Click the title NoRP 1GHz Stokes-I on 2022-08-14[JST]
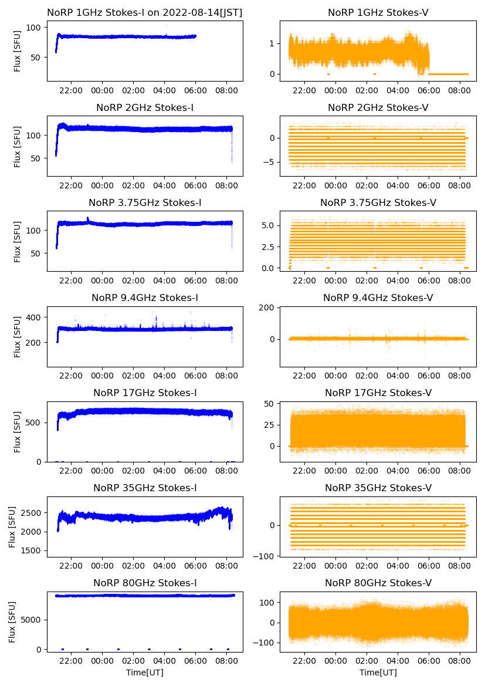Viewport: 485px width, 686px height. coord(145,12)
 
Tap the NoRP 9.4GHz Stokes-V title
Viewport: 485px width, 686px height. coord(378,298)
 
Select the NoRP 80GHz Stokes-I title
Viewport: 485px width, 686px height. coord(145,583)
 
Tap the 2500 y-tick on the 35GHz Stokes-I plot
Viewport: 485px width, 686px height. coord(32,513)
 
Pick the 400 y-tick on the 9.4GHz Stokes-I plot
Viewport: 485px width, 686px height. coord(36,317)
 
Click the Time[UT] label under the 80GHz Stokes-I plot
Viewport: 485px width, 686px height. coord(145,673)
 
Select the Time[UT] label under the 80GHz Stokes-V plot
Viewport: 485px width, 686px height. coord(378,673)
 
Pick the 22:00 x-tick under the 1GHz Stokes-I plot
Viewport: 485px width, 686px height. coord(72,91)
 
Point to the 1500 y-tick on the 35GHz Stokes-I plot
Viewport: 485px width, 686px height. coord(32,551)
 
